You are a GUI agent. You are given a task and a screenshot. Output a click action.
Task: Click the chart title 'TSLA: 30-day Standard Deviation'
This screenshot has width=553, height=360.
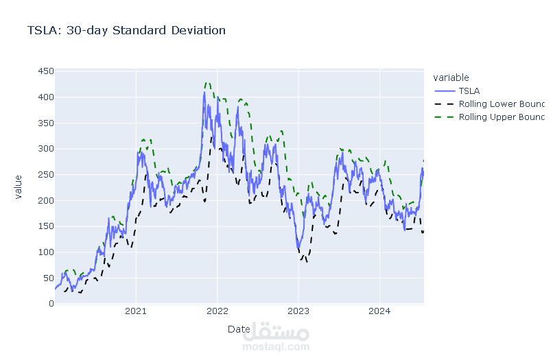(126, 31)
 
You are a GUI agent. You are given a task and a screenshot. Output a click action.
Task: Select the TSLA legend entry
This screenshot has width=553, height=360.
(469, 91)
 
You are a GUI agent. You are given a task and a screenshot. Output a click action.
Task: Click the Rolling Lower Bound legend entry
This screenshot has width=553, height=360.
(502, 104)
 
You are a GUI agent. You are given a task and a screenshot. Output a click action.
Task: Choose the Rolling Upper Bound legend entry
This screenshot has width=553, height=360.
(502, 117)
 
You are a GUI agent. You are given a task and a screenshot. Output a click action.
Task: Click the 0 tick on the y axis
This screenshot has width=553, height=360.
(49, 303)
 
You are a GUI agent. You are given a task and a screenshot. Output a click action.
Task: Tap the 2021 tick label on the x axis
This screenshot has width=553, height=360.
(136, 313)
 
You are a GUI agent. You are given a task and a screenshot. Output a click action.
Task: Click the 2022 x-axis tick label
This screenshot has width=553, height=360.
(217, 313)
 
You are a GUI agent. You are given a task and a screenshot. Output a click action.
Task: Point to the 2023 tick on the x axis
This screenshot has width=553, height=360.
(298, 313)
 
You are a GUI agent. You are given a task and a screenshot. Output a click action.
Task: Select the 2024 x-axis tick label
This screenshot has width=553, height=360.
(379, 313)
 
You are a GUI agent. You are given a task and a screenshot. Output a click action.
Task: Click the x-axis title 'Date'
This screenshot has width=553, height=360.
(239, 329)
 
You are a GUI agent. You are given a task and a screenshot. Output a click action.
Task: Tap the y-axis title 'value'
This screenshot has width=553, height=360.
(19, 187)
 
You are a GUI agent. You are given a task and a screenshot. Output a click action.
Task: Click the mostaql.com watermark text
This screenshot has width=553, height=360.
(277, 347)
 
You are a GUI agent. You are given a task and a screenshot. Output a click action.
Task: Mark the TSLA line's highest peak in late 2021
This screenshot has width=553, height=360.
(204, 93)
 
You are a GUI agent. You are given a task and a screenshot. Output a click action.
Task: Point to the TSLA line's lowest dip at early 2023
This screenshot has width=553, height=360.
(298, 248)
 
